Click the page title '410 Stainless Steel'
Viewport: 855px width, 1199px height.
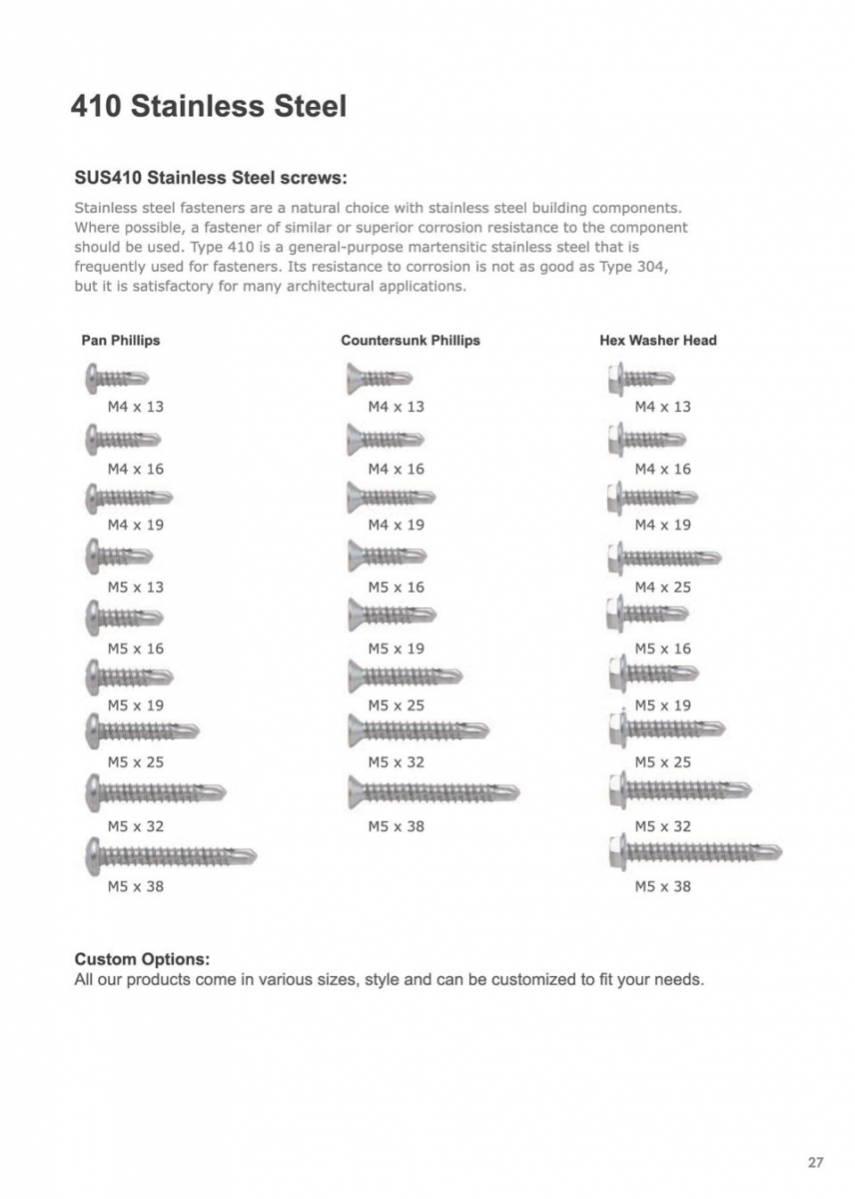tap(208, 106)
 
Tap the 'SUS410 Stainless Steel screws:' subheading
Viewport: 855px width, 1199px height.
tap(210, 179)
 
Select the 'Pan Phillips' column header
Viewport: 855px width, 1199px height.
tap(120, 340)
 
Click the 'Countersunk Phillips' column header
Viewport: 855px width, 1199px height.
tap(410, 340)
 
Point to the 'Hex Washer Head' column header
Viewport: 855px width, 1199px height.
tap(657, 340)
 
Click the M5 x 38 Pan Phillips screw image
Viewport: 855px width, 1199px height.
tap(171, 855)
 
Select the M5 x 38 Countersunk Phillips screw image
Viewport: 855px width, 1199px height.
tap(433, 793)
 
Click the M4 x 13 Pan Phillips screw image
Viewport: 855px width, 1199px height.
tap(117, 379)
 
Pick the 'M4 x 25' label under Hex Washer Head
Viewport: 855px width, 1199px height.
tap(662, 587)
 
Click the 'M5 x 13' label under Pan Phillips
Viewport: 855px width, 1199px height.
tap(135, 587)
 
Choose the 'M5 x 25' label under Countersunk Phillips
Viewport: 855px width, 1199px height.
tap(396, 705)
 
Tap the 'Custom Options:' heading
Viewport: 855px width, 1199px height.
tap(142, 959)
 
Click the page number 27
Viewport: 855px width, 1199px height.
tap(815, 1162)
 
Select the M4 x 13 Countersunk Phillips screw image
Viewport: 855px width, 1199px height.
tap(380, 379)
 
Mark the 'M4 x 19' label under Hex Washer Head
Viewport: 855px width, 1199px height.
tap(662, 525)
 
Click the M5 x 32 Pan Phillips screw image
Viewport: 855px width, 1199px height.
tap(156, 793)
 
